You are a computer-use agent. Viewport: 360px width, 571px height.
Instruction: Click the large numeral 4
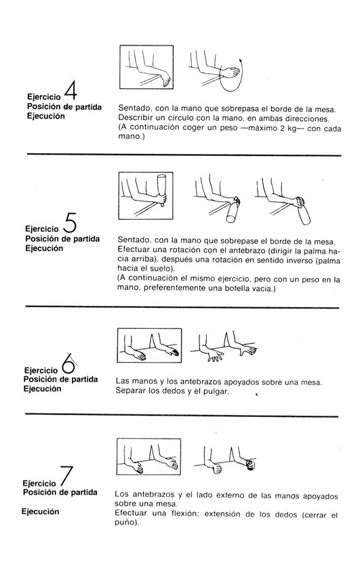[x=71, y=90]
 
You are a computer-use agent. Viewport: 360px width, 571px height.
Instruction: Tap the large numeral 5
[x=70, y=223]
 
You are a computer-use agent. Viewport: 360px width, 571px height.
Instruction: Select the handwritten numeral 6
[x=68, y=363]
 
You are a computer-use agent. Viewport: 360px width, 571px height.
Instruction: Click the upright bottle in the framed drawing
[x=161, y=190]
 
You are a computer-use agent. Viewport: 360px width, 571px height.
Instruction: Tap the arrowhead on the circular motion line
[x=241, y=60]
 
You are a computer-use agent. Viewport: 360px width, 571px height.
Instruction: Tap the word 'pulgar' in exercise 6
[x=217, y=392]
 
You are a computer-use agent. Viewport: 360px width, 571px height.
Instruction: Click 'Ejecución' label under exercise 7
[x=40, y=511]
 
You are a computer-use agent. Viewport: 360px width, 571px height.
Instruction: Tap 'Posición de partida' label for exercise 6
[x=61, y=380]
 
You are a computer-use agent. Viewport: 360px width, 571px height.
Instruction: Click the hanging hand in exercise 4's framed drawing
[x=165, y=79]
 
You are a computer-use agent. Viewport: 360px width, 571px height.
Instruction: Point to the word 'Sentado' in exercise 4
[x=132, y=109]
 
